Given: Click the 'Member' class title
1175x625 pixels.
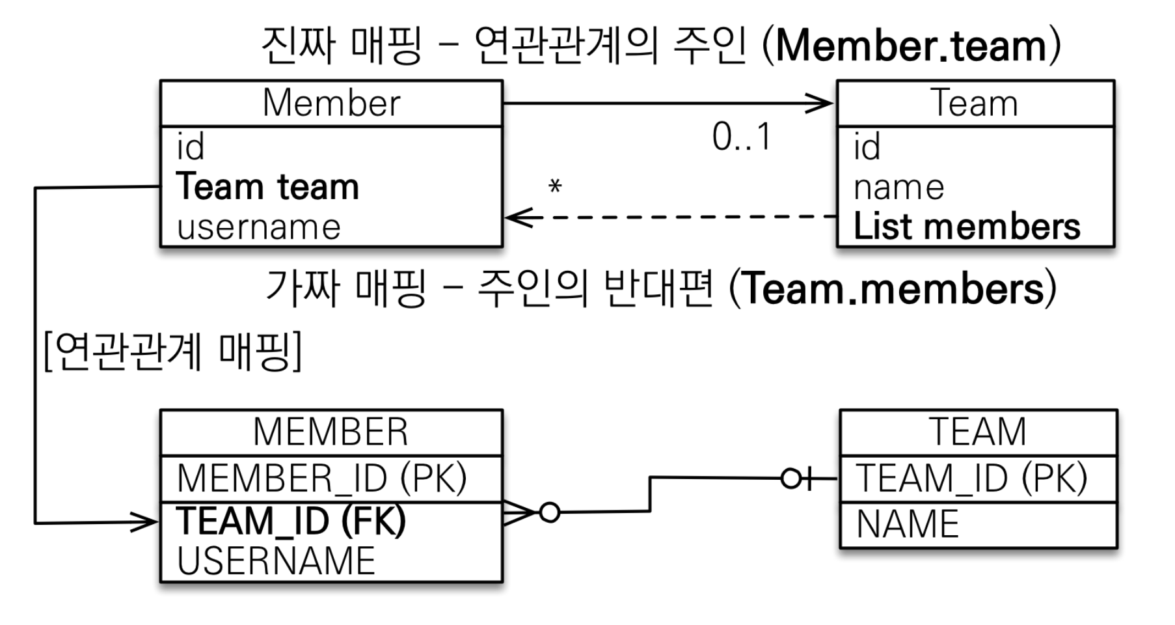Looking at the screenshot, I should point(331,103).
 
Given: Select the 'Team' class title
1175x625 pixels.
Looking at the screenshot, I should point(975,103).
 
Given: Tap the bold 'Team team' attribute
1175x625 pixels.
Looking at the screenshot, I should point(267,187).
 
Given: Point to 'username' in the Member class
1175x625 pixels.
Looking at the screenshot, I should point(259,227).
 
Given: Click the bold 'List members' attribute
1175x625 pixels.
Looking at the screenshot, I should point(966,227).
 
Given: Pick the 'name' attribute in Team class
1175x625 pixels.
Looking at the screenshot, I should point(898,187).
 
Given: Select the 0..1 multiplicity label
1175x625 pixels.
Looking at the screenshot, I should point(741,137).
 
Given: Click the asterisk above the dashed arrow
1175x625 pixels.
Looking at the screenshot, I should point(555,187).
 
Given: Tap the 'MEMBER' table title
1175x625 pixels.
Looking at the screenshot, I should point(331,432).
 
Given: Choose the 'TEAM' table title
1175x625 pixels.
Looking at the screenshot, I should point(978,432).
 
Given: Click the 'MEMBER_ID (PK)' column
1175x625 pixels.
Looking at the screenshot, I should point(322,478).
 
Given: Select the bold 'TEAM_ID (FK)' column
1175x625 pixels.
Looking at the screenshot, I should point(291,521).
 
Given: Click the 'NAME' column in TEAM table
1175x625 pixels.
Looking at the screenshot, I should point(908,524).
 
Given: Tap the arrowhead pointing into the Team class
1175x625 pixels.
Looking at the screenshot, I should point(821,103).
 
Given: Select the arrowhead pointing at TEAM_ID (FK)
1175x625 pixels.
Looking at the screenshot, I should point(146,521).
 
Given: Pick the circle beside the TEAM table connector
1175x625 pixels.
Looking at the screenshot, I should point(790,479).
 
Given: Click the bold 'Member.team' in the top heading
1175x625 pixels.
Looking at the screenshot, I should point(911,46).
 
